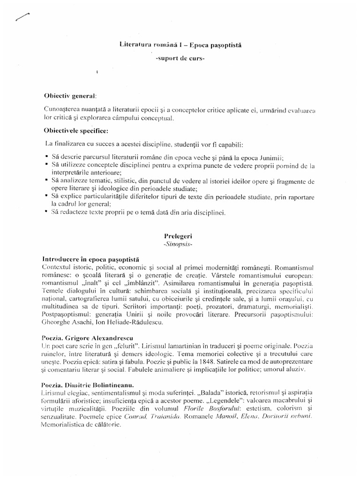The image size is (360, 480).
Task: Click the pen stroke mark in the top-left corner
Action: click(22, 17)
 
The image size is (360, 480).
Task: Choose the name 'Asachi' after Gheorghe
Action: click(85, 323)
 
